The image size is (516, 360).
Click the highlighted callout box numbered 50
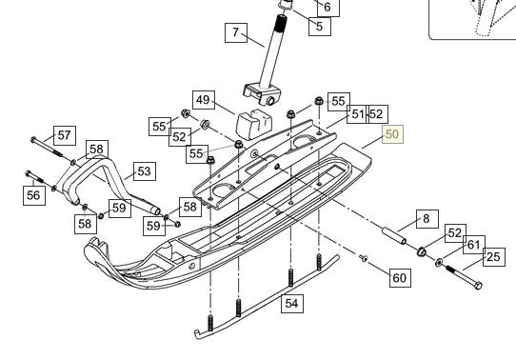click(x=392, y=134)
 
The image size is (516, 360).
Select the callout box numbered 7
click(x=236, y=32)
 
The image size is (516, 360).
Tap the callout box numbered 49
click(x=204, y=100)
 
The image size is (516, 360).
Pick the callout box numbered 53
click(x=145, y=171)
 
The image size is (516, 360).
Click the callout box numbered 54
click(x=292, y=303)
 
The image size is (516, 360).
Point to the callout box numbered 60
click(x=400, y=278)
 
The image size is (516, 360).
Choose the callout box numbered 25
click(x=494, y=257)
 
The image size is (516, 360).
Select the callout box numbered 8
click(x=427, y=219)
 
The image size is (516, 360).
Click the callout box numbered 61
click(x=474, y=245)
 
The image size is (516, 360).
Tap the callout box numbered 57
click(x=65, y=135)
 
